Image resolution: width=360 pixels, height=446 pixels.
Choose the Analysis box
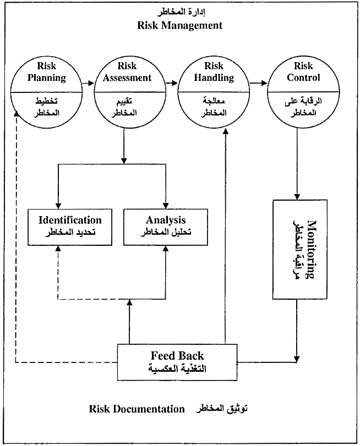tap(166, 227)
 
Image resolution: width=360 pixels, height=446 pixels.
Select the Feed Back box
tap(177, 361)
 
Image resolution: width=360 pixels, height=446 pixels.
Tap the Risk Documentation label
tap(137, 409)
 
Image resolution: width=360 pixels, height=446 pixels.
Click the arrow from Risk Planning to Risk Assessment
tap(87, 84)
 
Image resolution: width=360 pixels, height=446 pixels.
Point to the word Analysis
tap(166, 221)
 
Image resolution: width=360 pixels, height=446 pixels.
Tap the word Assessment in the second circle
tap(127, 78)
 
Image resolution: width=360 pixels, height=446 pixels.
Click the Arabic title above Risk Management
tap(182, 12)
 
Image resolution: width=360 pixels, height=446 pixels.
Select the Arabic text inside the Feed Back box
tap(177, 369)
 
